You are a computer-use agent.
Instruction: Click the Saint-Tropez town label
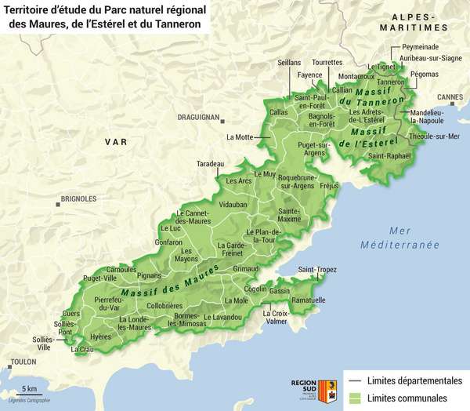(x=316, y=269)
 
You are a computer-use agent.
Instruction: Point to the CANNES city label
(x=450, y=97)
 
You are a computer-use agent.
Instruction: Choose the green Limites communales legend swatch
(x=353, y=398)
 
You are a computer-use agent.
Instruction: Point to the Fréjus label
(x=329, y=187)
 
